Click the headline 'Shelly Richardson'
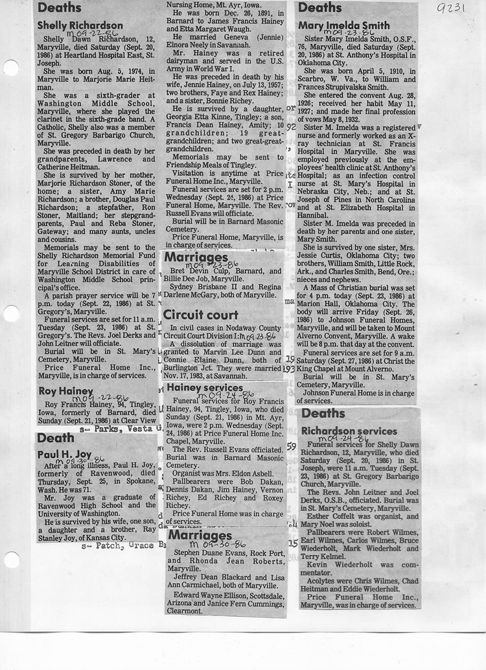coord(80,26)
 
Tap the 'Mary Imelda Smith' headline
coord(344,26)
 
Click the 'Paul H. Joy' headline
coord(64,454)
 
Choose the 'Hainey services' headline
coord(205,388)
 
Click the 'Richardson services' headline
coord(349,431)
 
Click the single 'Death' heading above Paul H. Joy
coord(55,438)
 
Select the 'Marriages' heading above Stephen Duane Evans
coord(199,536)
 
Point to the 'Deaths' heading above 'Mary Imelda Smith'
coord(319,8)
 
